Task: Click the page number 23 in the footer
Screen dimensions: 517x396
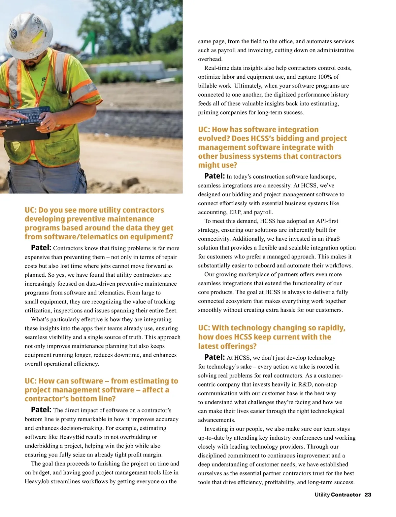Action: pyautogui.click(x=368, y=495)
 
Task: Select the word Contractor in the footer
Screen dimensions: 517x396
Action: pyautogui.click(x=346, y=495)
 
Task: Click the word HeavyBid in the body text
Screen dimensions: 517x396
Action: pyautogui.click(x=72, y=437)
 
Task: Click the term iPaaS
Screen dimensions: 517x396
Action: pyautogui.click(x=333, y=239)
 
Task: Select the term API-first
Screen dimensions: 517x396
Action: pyautogui.click(x=327, y=221)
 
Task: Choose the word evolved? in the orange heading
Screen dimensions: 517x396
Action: pyautogui.click(x=214, y=139)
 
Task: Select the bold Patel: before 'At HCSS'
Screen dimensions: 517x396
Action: pyautogui.click(x=214, y=357)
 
